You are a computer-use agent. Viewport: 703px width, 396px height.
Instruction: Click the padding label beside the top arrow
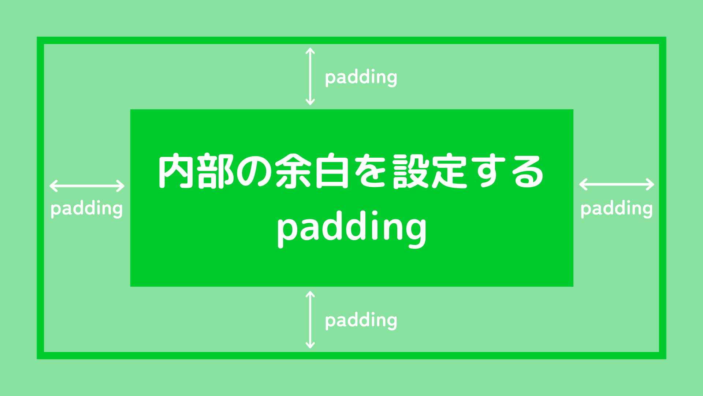pyautogui.click(x=361, y=77)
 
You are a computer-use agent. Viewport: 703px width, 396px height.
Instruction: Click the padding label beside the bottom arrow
pyautogui.click(x=361, y=320)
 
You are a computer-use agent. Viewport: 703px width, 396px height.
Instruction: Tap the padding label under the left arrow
pyautogui.click(x=86, y=209)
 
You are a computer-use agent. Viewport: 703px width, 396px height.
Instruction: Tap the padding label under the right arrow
pyautogui.click(x=617, y=209)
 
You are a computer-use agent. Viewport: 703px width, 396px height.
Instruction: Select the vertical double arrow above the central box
pyautogui.click(x=310, y=77)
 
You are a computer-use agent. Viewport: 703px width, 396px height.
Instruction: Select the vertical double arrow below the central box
pyautogui.click(x=310, y=320)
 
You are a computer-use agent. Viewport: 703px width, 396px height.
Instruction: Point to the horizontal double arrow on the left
pyautogui.click(x=87, y=186)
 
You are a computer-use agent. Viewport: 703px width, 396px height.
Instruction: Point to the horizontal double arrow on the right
pyautogui.click(x=617, y=184)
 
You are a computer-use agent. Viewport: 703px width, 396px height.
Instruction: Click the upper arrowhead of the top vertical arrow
pyautogui.click(x=310, y=51)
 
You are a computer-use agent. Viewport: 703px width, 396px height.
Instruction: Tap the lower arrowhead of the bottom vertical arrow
pyautogui.click(x=310, y=345)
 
